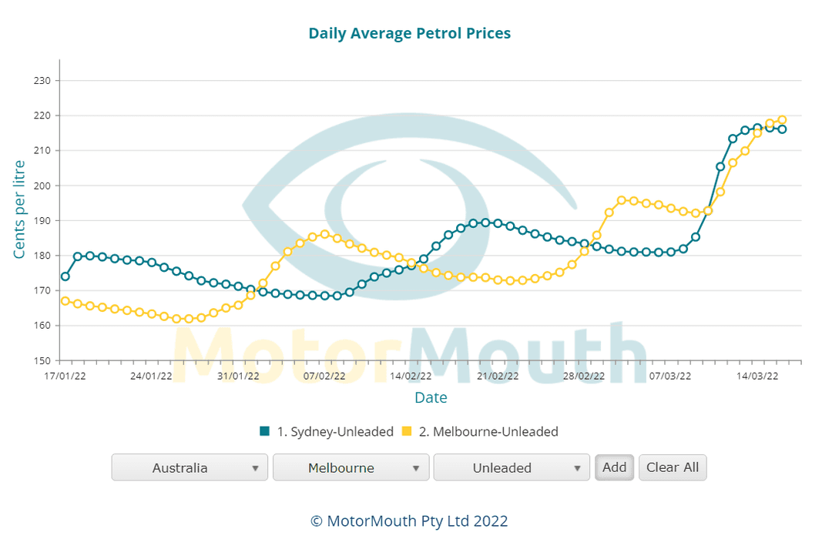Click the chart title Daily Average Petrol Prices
pos(409,33)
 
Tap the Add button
pos(614,467)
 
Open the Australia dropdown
pos(190,467)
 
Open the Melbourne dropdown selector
pos(351,467)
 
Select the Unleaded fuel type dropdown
pos(511,467)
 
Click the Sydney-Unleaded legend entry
pos(327,431)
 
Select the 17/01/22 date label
pos(65,377)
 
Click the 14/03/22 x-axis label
pos(757,377)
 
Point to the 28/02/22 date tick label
pos(584,377)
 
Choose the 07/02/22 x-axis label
pos(324,377)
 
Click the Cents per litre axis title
pos(20,209)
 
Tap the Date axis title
pos(431,397)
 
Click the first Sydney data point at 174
pos(65,276)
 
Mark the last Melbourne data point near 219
pos(782,119)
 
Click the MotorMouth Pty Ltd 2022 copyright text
pos(409,521)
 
